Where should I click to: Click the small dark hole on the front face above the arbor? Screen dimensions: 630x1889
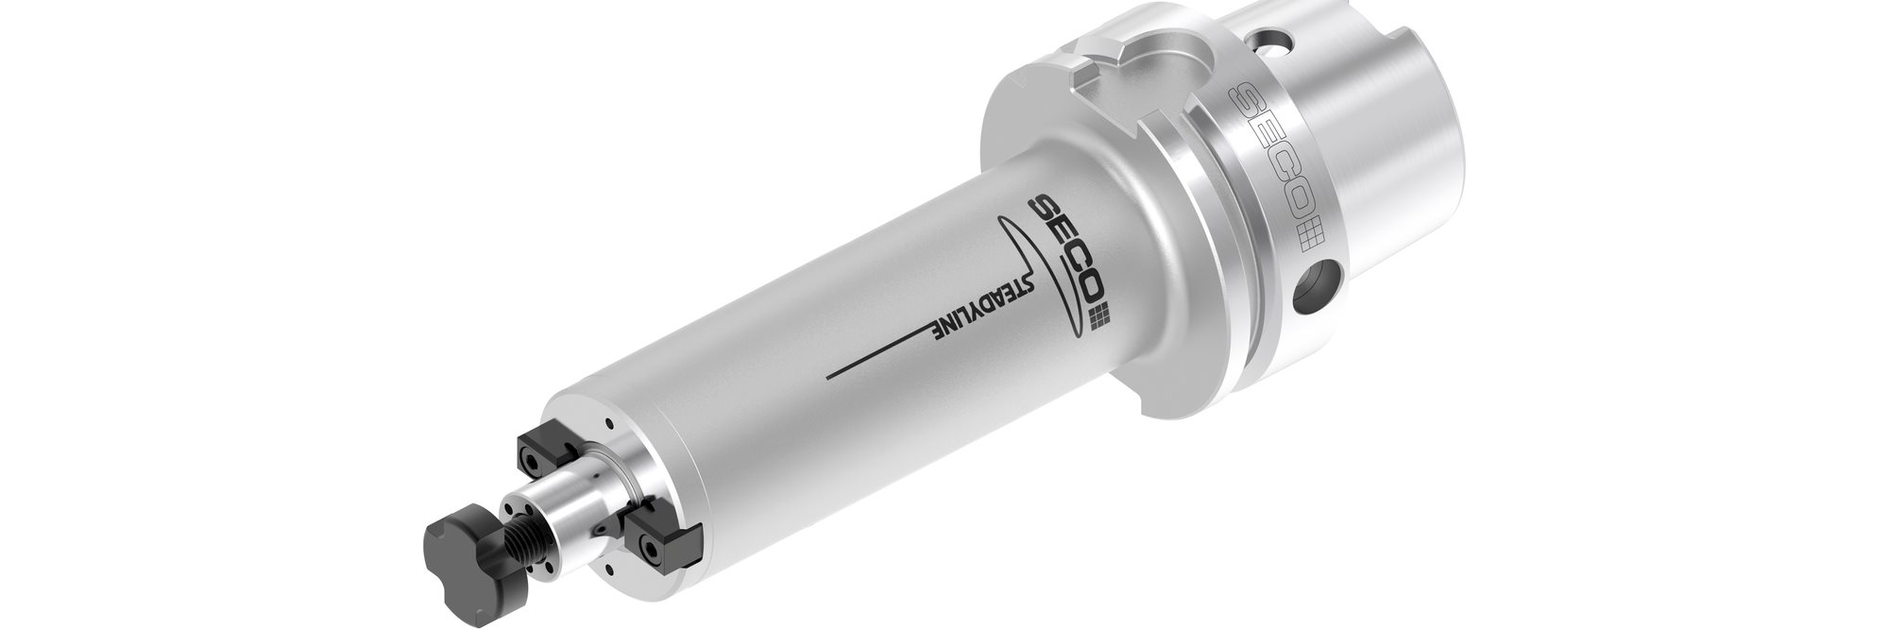click(x=609, y=423)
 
